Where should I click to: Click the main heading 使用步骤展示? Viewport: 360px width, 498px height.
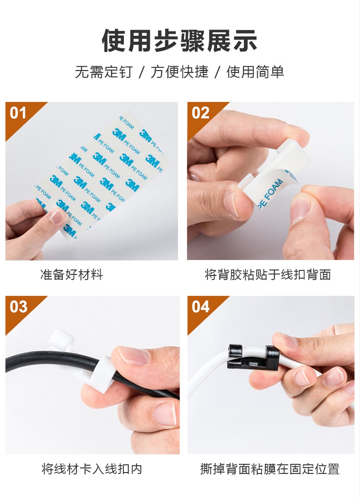pos(180,41)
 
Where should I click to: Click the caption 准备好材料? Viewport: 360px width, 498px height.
pos(72,275)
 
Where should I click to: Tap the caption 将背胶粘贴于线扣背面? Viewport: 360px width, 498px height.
pos(268,275)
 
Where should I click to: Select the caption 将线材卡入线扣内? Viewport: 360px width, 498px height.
pos(92,469)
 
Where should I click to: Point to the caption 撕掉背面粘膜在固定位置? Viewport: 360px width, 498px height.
pos(270,469)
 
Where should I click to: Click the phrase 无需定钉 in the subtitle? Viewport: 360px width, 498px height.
pos(104,72)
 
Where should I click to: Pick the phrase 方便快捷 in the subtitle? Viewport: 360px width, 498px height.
pos(180,72)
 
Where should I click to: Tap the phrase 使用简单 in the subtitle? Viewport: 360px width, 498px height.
pos(255,72)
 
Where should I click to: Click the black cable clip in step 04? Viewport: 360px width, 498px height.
pos(253,356)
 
